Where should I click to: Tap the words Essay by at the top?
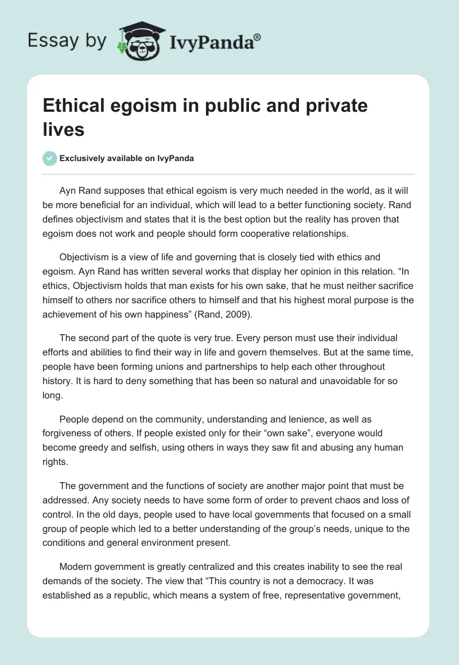67,41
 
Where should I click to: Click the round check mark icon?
50,158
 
